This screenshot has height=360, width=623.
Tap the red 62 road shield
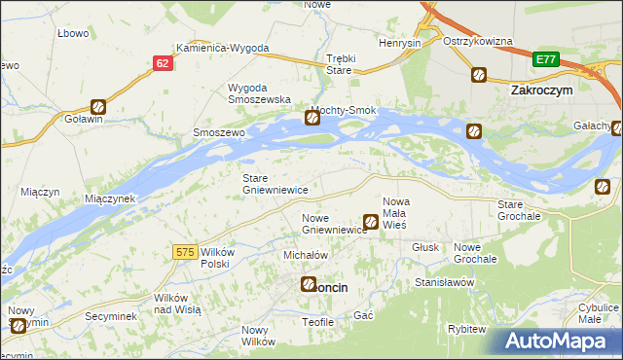[162, 62]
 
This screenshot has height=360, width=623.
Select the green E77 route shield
[545, 59]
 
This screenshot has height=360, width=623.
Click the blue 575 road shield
[186, 252]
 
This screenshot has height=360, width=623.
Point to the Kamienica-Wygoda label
[222, 48]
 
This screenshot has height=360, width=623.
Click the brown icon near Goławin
[98, 108]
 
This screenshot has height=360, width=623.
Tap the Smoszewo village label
[218, 131]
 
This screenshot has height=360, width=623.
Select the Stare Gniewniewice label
[275, 184]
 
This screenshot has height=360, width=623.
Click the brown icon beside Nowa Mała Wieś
[371, 223]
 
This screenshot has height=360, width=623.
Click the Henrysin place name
[400, 44]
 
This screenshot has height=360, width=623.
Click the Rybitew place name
[467, 329]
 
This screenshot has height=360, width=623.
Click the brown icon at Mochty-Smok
[312, 119]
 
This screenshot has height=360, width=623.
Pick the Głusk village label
[424, 247]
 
